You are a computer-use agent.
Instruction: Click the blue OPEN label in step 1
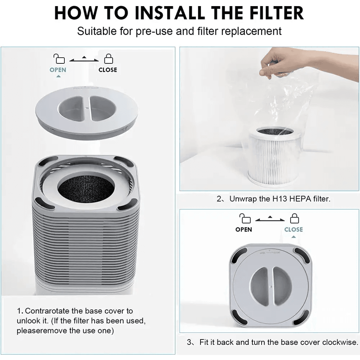58,70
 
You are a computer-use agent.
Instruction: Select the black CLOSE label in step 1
108,70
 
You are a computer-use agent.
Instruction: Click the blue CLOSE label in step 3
293,229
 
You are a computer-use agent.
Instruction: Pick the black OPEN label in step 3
244,229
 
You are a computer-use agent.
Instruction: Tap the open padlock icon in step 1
59,58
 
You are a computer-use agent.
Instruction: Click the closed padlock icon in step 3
294,218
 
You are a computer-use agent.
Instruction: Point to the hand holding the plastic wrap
281,63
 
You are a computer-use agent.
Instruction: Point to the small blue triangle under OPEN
58,76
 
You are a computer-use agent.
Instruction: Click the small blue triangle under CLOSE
293,237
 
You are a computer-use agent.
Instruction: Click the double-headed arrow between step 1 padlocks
84,59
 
